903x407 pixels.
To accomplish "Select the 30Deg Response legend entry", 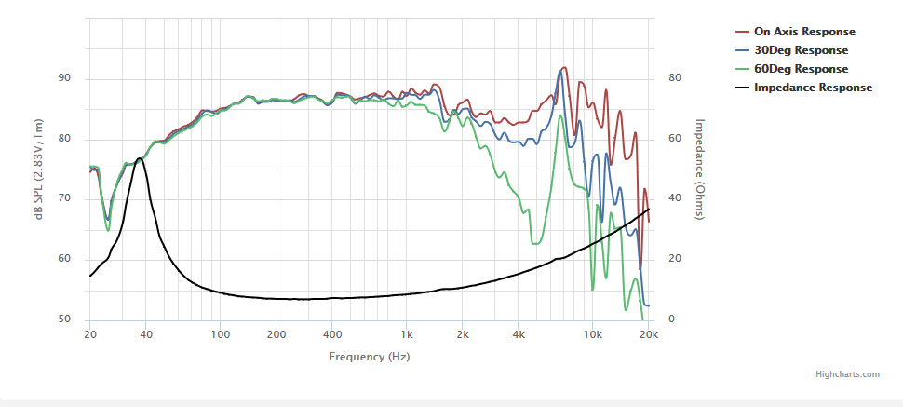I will click(x=801, y=50).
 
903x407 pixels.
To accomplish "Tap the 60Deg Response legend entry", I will click(x=801, y=69).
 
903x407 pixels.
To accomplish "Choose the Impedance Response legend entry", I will click(x=813, y=88).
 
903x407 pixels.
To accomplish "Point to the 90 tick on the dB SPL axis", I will click(x=64, y=78).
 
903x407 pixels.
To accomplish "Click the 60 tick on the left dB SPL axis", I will click(x=64, y=259).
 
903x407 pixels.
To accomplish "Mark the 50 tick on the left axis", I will click(x=64, y=319).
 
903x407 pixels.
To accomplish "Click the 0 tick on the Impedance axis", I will click(x=671, y=319).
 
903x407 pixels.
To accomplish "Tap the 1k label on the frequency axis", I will click(x=406, y=335).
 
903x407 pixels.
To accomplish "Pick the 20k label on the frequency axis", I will click(x=648, y=335).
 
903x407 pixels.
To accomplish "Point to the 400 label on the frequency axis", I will click(x=331, y=335).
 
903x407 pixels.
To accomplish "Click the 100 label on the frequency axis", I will click(x=220, y=335).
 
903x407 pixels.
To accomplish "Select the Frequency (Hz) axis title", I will click(x=369, y=357).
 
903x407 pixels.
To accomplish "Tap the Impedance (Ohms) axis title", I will click(x=700, y=170).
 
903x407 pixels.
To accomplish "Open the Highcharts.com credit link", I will click(x=847, y=374).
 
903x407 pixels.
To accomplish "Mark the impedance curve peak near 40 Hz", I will click(x=140, y=158).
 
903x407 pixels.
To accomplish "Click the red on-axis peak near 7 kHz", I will click(x=563, y=68).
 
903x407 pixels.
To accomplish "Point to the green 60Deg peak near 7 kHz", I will click(x=560, y=115).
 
